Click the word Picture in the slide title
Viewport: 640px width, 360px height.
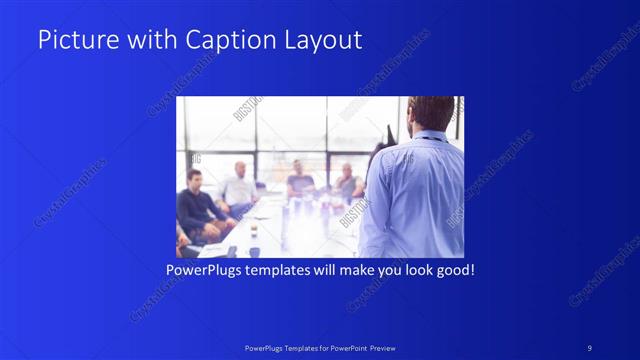72,40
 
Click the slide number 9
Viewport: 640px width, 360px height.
589,347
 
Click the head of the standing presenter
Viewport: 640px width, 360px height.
432,113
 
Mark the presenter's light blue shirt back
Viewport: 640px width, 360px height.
415,195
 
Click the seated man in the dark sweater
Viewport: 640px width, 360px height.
197,205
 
